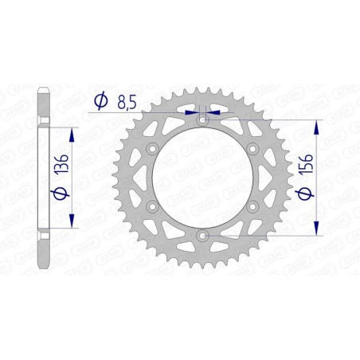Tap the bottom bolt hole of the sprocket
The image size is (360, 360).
pyautogui.click(x=202, y=236)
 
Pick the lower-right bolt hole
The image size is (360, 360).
pyautogui.click(x=252, y=207)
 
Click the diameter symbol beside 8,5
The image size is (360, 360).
pyautogui.click(x=100, y=100)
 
